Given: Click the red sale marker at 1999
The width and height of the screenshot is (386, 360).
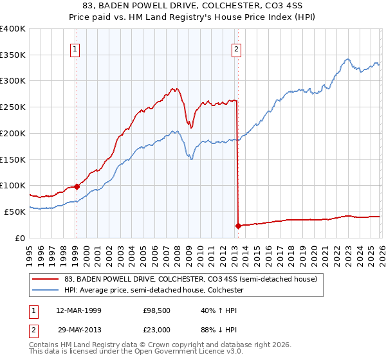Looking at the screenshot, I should [77, 186].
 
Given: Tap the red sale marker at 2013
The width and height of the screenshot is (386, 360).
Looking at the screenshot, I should [238, 226].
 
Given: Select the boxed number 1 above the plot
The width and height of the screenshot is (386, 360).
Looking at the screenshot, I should [75, 48].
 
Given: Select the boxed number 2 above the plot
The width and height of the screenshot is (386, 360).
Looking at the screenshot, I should [237, 48].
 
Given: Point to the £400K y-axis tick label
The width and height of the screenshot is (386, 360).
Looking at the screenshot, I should [13, 29].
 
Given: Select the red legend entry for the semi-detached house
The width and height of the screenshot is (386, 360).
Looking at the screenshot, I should [190, 280].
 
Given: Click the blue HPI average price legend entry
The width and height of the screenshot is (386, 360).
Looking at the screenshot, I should [153, 291].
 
